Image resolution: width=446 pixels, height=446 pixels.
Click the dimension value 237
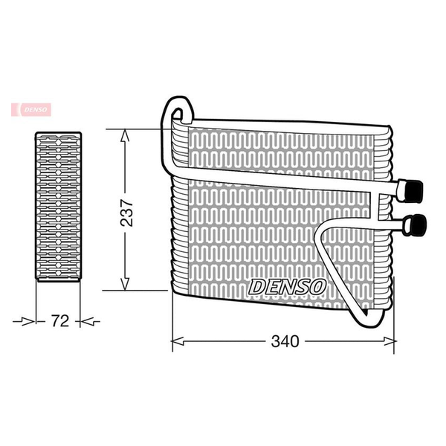coord(126,213)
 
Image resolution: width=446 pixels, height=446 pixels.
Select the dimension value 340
coord(285,341)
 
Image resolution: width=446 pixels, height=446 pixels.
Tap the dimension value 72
coord(59,321)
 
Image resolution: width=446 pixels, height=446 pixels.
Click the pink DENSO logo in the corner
coord(31,110)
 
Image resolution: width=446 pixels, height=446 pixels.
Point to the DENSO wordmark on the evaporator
coord(287,287)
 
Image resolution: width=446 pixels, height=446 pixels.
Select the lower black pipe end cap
coord(418,225)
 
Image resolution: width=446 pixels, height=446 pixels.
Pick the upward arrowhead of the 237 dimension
coord(125,135)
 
